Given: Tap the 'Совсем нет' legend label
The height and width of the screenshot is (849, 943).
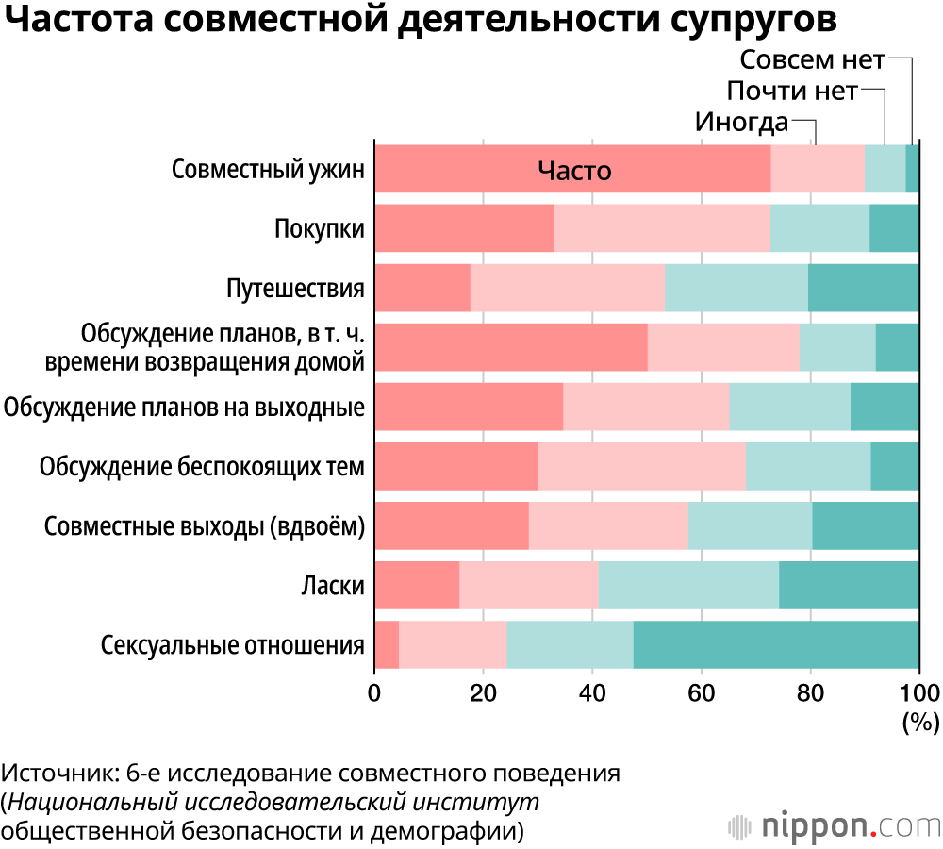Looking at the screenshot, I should point(812,60).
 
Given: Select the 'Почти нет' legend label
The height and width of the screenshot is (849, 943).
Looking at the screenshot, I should point(792,92).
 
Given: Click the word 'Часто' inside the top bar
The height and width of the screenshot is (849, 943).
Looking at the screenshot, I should point(574,171).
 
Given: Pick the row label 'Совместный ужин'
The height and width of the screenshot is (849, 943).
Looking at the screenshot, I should point(268,171).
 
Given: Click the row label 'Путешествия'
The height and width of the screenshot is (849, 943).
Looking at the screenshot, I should point(295,289).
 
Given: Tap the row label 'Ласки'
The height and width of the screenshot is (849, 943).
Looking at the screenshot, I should point(333,587).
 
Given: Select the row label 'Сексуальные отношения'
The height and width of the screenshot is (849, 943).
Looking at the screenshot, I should point(232,646).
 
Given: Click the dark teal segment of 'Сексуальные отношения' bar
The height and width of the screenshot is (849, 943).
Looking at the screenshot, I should point(776,645).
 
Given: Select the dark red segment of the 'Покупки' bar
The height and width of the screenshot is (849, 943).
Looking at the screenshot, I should point(464,228).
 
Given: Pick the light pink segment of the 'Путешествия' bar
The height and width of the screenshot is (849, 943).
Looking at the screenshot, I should point(567,288).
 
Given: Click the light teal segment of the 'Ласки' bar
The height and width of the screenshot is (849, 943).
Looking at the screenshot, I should point(688,586).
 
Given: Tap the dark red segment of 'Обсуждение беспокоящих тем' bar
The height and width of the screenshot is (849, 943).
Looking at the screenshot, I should point(456,466).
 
